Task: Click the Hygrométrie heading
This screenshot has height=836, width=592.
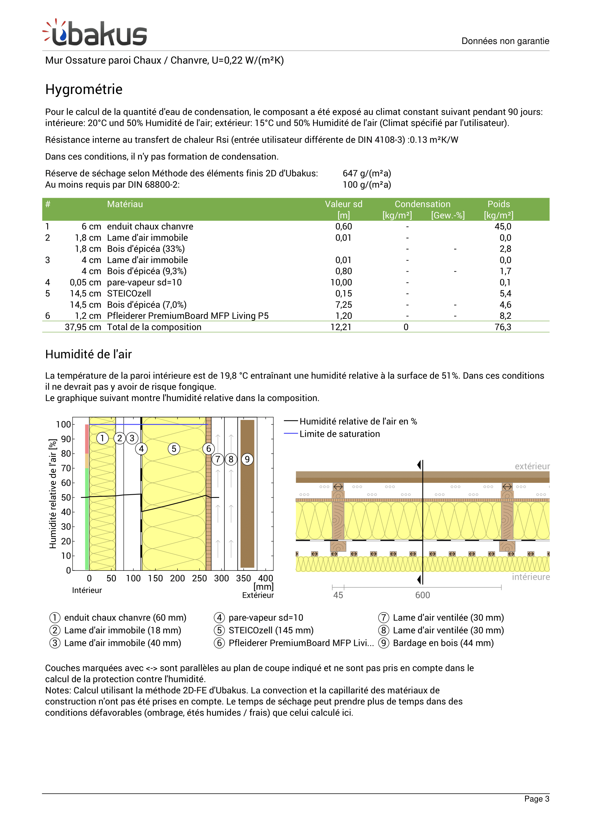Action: pos(84,89)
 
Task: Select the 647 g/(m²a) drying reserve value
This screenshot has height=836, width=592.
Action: pos(367,173)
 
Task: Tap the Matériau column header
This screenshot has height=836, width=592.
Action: pos(125,204)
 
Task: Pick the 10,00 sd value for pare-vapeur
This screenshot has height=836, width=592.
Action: pos(341,283)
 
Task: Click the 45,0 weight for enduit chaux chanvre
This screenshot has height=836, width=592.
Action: pos(503,227)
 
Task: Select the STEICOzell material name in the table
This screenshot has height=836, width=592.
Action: pos(129,293)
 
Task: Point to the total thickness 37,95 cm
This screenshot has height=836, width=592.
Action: pos(83,327)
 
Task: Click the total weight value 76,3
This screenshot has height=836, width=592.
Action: pos(503,327)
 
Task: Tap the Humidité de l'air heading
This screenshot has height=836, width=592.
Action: pos(88,354)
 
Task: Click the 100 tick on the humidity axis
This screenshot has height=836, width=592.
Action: pos(63,425)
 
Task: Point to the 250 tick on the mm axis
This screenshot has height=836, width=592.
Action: pos(199,578)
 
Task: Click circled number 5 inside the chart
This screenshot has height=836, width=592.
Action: pos(174,449)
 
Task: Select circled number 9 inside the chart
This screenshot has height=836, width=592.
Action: pos(247,459)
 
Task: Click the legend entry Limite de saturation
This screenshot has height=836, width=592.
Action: pos(339,434)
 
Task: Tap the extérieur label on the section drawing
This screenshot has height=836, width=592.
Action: pos(532,466)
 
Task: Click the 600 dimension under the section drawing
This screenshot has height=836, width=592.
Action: pos(422,595)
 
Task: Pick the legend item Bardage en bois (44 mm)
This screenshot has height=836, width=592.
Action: pos(443,643)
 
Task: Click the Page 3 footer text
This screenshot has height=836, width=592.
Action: pos(537,799)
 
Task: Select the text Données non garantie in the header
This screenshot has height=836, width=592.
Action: pos(505,41)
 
